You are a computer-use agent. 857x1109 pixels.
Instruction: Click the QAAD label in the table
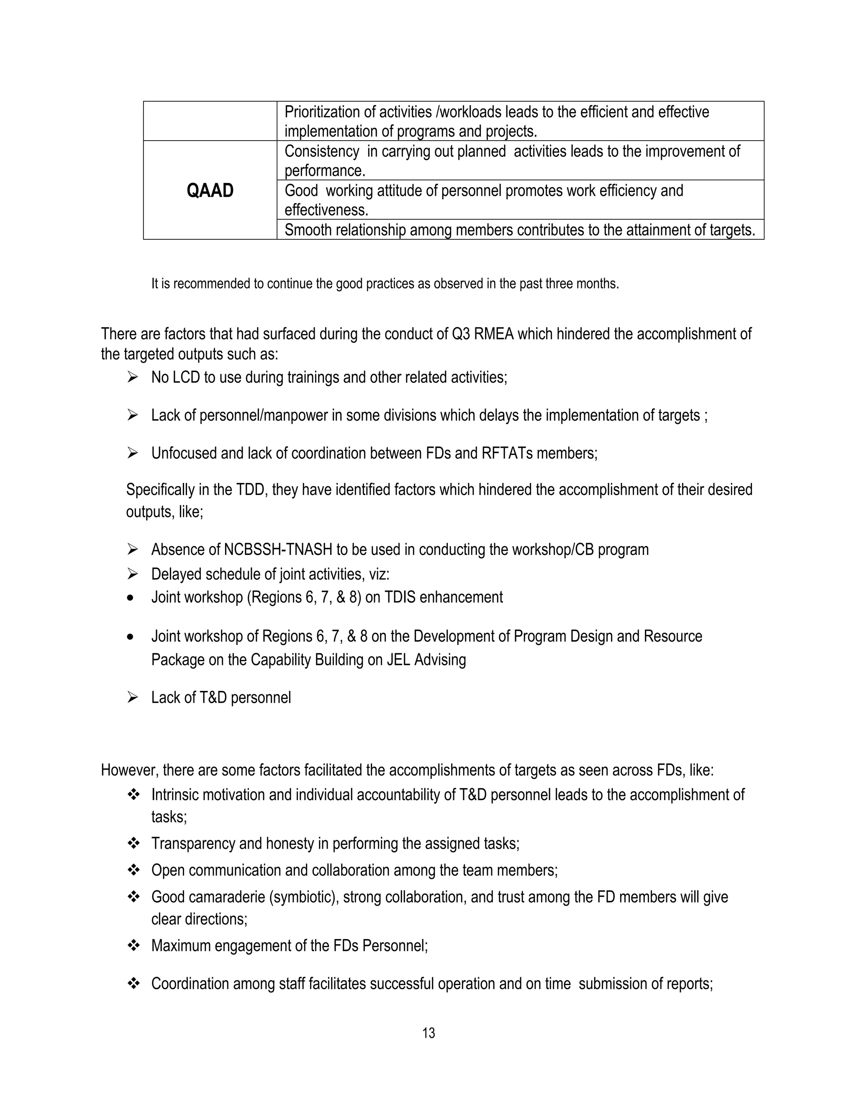point(210,191)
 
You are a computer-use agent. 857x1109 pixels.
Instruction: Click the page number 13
point(428,1033)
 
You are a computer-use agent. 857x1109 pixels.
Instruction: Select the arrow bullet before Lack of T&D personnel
point(133,698)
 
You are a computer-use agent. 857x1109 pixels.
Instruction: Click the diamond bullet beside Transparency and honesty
point(133,843)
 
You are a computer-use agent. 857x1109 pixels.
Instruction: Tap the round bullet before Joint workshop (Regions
point(131,598)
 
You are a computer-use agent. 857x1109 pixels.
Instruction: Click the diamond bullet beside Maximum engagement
point(133,945)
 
